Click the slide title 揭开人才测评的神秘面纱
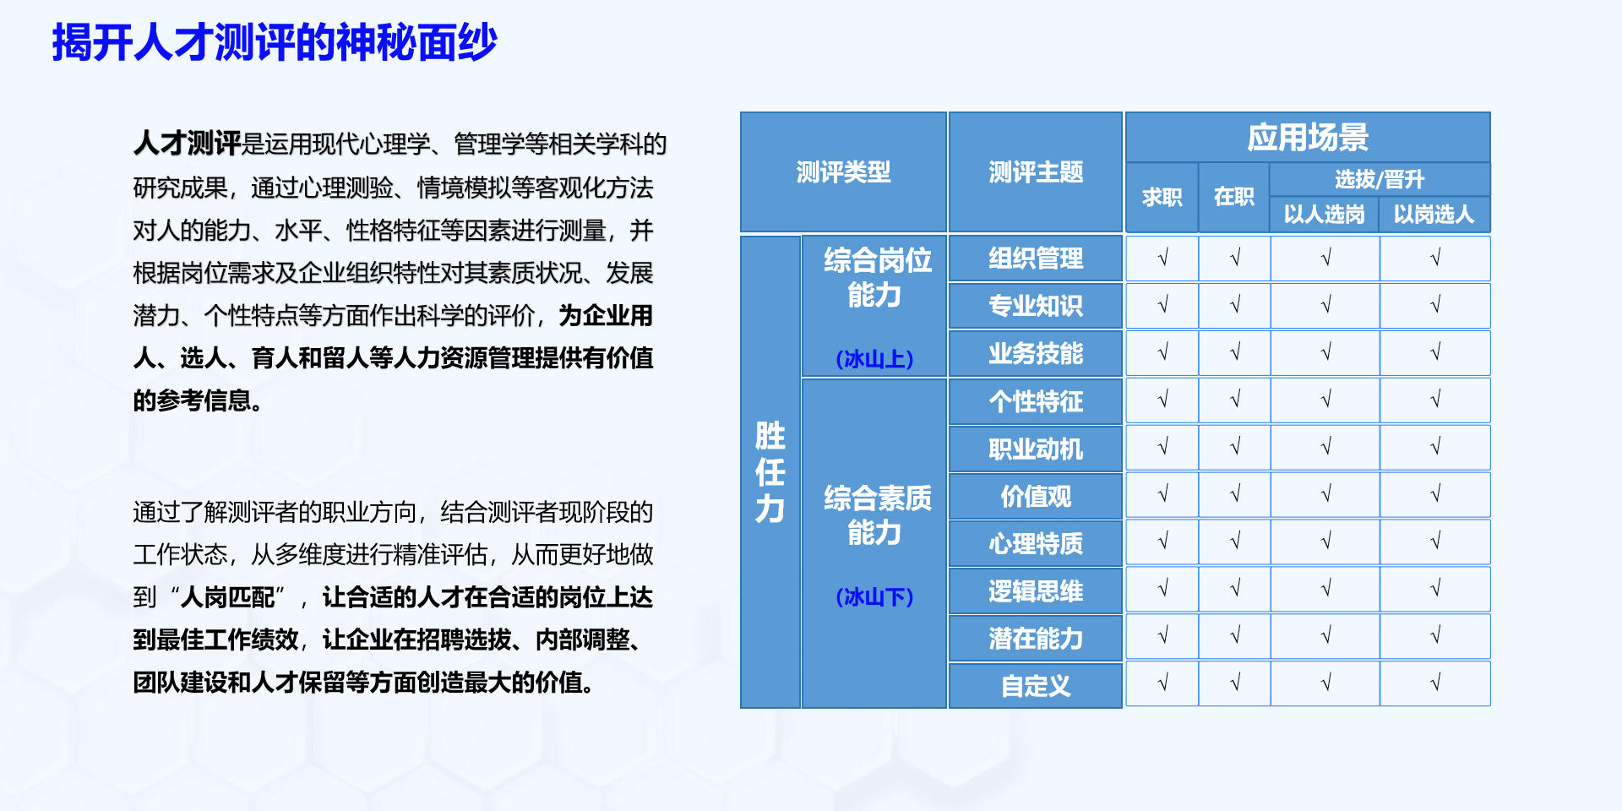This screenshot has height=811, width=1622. coord(275,42)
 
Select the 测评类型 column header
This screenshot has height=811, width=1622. coord(843,172)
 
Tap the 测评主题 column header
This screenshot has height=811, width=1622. coord(1036,172)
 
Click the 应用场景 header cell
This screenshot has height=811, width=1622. coord(1308,138)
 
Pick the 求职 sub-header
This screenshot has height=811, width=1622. coord(1162,198)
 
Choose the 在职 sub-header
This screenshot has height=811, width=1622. coord(1233,198)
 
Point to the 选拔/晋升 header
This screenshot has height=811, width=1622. coord(1380,179)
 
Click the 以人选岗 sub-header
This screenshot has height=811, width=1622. coord(1325,215)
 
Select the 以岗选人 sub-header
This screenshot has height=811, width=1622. coord(1434,215)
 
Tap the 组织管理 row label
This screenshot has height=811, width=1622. coord(1036,259)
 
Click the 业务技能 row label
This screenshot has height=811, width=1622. coord(1036,353)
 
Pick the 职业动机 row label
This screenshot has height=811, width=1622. coord(1036,449)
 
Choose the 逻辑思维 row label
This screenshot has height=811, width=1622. coord(1036,591)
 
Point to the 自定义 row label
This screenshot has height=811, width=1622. coord(1036,686)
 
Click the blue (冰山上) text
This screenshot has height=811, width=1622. coord(874,359)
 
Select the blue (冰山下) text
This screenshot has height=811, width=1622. coord(874,597)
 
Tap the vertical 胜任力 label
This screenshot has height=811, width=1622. coord(770,472)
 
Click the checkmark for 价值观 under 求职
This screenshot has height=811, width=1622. coord(1162,493)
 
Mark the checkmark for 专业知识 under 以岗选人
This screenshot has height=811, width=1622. coord(1435,305)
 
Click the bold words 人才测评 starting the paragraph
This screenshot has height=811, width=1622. coord(188,144)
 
